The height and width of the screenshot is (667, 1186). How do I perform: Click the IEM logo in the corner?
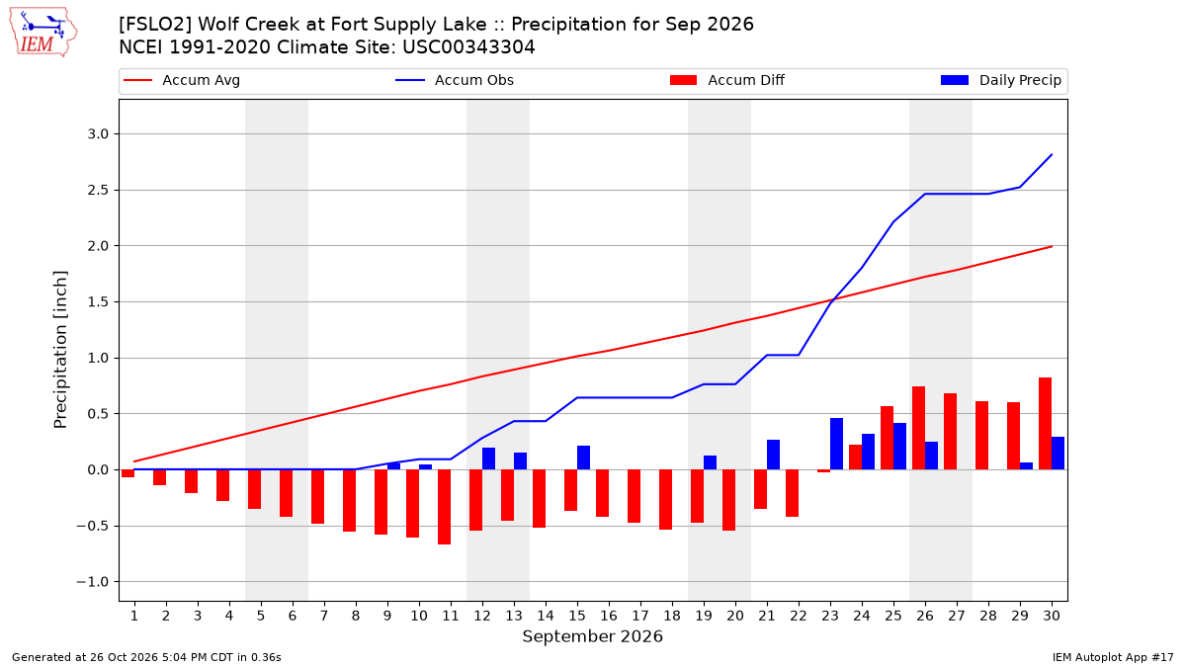pos(43,33)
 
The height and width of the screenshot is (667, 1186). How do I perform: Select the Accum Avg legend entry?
pos(182,80)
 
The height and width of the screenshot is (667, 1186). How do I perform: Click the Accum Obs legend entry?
pos(455,80)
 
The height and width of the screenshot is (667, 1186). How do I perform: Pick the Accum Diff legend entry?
pos(727,80)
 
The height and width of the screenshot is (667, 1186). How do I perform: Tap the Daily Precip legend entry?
pos(1000,80)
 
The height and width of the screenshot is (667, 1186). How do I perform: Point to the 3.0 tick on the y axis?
pos(98,134)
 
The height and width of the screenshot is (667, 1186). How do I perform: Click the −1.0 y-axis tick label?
pos(93,582)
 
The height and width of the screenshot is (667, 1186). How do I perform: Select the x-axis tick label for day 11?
pos(451,616)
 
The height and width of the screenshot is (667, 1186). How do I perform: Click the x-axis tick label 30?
pos(1052,616)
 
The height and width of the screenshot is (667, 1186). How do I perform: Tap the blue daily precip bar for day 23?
pos(836,444)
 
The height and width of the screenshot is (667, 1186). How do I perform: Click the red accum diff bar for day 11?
pos(444,507)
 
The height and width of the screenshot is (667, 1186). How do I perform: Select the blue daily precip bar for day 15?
pos(583,458)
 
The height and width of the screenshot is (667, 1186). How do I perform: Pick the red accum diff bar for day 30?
pos(1046,424)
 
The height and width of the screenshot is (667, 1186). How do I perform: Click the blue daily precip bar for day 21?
pos(773,455)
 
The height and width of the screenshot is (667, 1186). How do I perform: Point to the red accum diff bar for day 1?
pos(127,473)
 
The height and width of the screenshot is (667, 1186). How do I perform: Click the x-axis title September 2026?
pos(592,636)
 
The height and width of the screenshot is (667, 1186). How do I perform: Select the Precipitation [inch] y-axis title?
pos(60,350)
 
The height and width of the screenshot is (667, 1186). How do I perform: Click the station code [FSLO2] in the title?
pos(153,25)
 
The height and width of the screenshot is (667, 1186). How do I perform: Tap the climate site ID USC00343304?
pos(468,47)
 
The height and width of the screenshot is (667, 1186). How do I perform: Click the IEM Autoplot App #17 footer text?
pos(1113,657)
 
